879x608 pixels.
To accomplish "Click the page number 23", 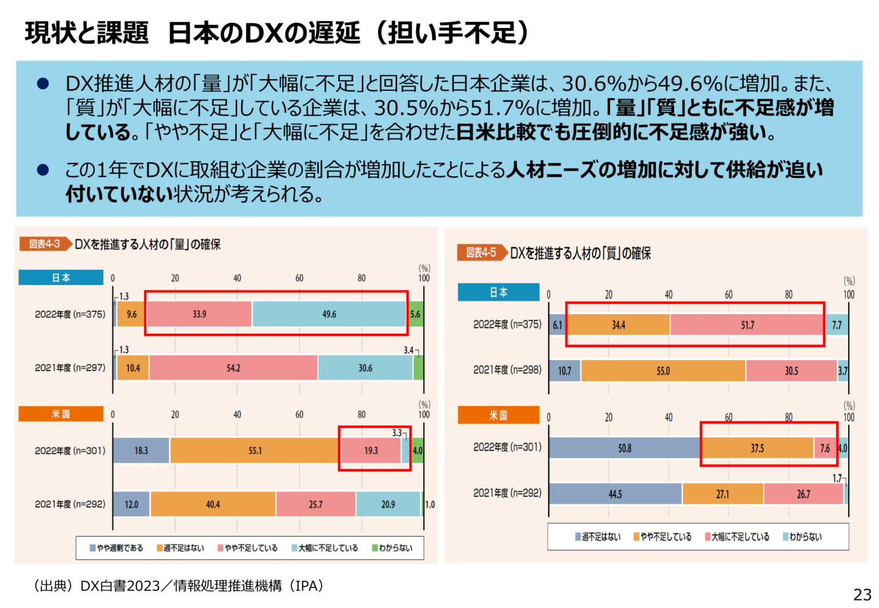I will [x=862, y=594].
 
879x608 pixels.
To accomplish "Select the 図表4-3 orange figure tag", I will [x=45, y=244].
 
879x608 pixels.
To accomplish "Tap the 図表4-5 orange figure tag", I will [x=481, y=252].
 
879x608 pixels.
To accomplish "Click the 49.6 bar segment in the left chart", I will [x=329, y=314].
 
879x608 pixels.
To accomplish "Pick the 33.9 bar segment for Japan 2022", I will [x=199, y=314].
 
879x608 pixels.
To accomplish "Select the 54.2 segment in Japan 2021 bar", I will [x=233, y=368].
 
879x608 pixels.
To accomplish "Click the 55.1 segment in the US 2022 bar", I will [x=255, y=451].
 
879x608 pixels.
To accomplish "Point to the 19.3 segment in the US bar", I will [x=371, y=451].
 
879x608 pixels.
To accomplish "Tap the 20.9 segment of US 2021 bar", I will [x=388, y=504].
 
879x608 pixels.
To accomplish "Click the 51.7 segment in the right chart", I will [x=747, y=325].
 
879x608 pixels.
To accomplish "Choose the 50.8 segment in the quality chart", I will [x=624, y=448].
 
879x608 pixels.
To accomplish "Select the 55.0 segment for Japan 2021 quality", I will [x=663, y=371].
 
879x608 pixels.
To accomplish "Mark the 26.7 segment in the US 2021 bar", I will [x=803, y=494].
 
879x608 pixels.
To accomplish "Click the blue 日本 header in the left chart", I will [x=61, y=277].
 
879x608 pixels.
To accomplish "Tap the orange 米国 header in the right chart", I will [x=498, y=415].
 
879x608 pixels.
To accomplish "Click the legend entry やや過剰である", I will [x=117, y=548].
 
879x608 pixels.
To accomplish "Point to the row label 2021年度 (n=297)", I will [x=70, y=368].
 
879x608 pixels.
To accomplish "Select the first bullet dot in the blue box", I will [x=43, y=84].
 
